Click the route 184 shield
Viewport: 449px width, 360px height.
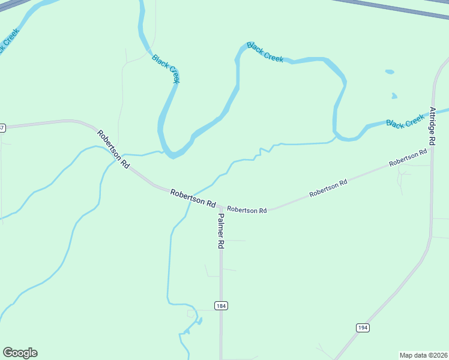point(221,305)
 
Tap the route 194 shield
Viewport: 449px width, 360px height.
point(362,327)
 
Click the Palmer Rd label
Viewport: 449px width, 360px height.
point(220,231)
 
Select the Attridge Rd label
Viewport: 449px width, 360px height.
point(432,125)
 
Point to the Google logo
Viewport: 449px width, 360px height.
point(20,353)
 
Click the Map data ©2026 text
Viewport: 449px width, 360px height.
point(423,355)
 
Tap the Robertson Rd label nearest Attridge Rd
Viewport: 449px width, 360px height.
point(408,158)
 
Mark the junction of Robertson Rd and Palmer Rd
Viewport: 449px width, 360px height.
point(220,208)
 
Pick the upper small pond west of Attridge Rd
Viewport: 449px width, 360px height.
point(390,72)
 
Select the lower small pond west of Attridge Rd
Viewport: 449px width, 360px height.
point(394,95)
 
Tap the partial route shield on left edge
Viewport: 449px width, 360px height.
point(2,127)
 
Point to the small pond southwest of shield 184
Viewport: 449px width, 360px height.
point(198,321)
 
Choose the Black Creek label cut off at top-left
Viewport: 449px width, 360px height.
point(8,41)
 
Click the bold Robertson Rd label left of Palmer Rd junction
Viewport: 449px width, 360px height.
point(193,198)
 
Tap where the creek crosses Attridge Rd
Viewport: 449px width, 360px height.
point(432,113)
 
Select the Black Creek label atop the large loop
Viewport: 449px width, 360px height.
point(265,52)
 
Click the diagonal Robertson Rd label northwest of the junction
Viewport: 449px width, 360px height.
point(113,149)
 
